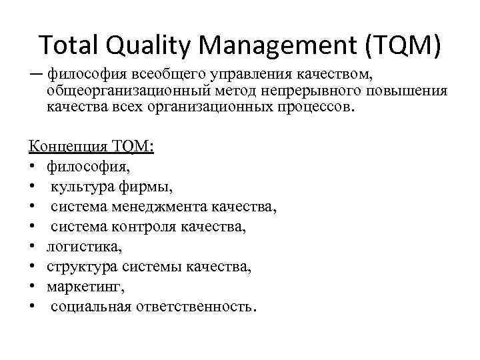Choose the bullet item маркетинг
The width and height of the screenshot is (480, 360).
coord(86,287)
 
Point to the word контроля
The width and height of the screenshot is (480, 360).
coord(145,227)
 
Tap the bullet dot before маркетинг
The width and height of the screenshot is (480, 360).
coord(33,287)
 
